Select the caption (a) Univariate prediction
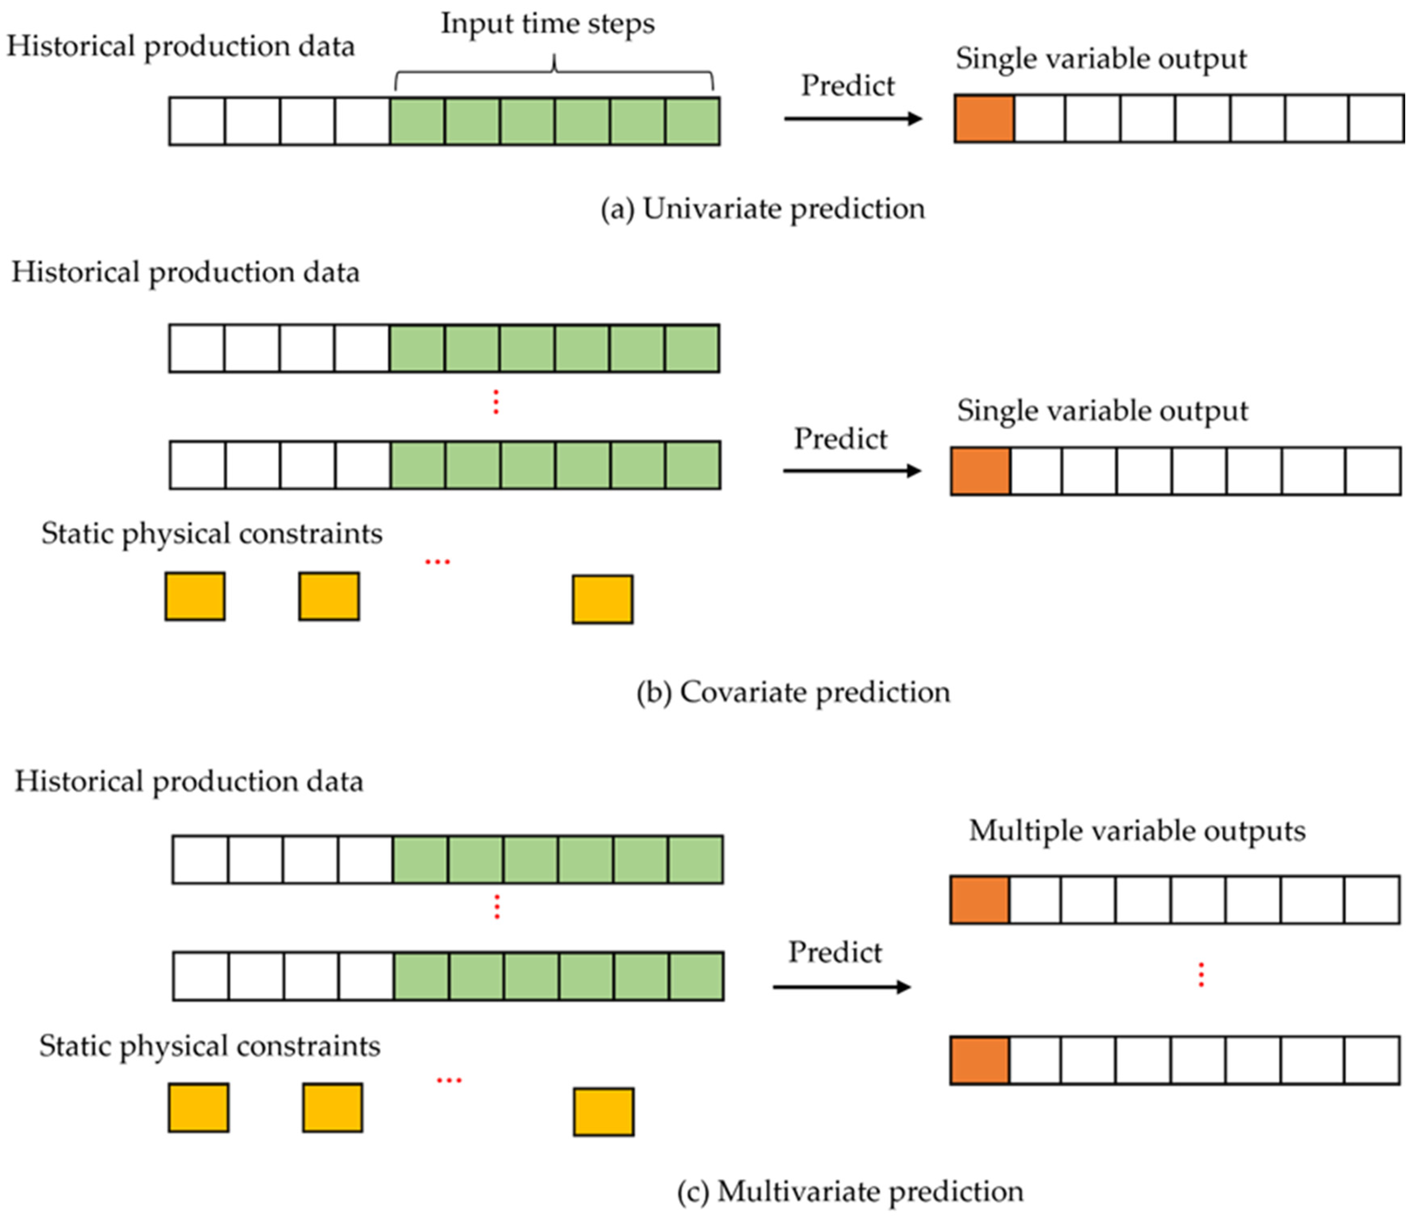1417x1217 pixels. (x=762, y=208)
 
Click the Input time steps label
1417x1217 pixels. (x=547, y=24)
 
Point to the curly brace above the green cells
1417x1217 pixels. (x=554, y=74)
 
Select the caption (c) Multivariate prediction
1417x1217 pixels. (x=850, y=1191)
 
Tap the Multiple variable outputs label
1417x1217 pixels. (x=1137, y=831)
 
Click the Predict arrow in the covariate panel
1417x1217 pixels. (x=851, y=471)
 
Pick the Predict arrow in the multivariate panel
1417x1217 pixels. (x=841, y=987)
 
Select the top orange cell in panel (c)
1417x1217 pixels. (x=980, y=900)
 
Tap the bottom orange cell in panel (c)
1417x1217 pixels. (x=980, y=1060)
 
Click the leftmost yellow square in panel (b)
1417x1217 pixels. (x=195, y=596)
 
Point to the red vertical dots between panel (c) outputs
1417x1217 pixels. (x=1201, y=975)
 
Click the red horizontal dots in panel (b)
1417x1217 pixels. (x=438, y=561)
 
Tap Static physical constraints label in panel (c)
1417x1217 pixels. (x=209, y=1046)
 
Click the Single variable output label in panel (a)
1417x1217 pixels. (x=1101, y=59)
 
